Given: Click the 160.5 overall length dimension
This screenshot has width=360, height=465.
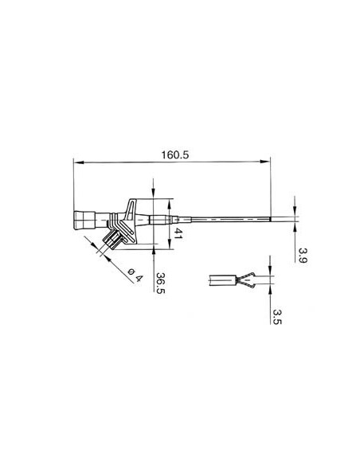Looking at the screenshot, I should [173, 155].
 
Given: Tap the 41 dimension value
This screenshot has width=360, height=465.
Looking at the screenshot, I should [179, 234].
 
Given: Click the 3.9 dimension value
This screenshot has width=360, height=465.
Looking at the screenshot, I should [302, 255].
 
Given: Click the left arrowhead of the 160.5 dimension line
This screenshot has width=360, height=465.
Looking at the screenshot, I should [76, 163].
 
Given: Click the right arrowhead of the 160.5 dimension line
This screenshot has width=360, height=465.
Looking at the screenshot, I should [267, 163].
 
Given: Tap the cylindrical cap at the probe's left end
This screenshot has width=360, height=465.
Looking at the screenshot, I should [85, 220].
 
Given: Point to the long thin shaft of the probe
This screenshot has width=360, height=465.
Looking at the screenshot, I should [231, 219].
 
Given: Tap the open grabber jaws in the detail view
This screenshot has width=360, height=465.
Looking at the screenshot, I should [246, 280].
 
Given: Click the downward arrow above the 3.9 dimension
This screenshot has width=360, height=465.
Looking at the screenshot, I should [294, 210].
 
